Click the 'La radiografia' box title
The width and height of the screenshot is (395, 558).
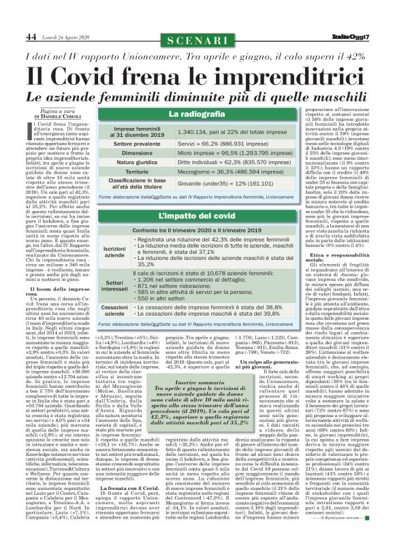pyautogui.click(x=191, y=114)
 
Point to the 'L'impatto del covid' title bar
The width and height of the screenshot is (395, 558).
pyautogui.click(x=191, y=216)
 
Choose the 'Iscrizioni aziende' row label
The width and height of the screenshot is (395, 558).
pyautogui.click(x=114, y=250)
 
